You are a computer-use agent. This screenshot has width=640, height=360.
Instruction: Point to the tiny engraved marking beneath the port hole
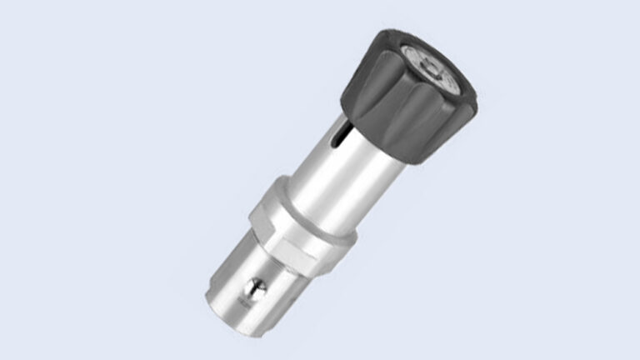click(x=250, y=306)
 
